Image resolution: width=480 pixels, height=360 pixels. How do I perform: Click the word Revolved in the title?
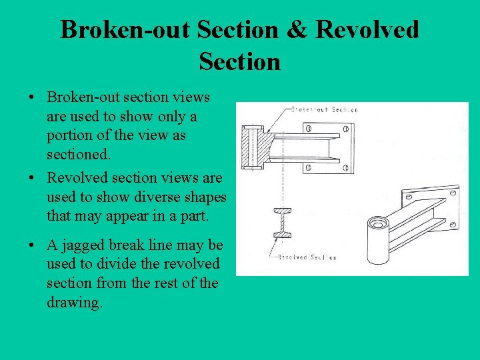click(367, 30)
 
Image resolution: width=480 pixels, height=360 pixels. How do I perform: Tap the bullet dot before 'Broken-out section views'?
click(32, 97)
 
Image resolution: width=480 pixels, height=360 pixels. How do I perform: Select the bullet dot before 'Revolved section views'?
click(32, 178)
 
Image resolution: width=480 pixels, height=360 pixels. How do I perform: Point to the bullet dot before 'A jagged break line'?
click(32, 245)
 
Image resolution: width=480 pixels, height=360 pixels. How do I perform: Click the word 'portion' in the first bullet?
click(69, 136)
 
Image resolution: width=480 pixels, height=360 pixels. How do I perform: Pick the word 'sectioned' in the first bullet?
click(77, 155)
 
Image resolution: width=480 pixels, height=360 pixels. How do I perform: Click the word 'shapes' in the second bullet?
click(203, 197)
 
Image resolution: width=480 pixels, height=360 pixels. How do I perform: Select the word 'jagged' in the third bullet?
click(80, 245)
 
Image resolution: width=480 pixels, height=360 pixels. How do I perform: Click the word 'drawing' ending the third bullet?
click(74, 303)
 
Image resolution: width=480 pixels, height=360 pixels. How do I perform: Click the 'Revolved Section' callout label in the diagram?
click(307, 257)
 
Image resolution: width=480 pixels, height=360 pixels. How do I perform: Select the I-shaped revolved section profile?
click(282, 222)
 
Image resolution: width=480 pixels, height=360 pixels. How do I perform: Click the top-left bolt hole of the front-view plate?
click(309, 129)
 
